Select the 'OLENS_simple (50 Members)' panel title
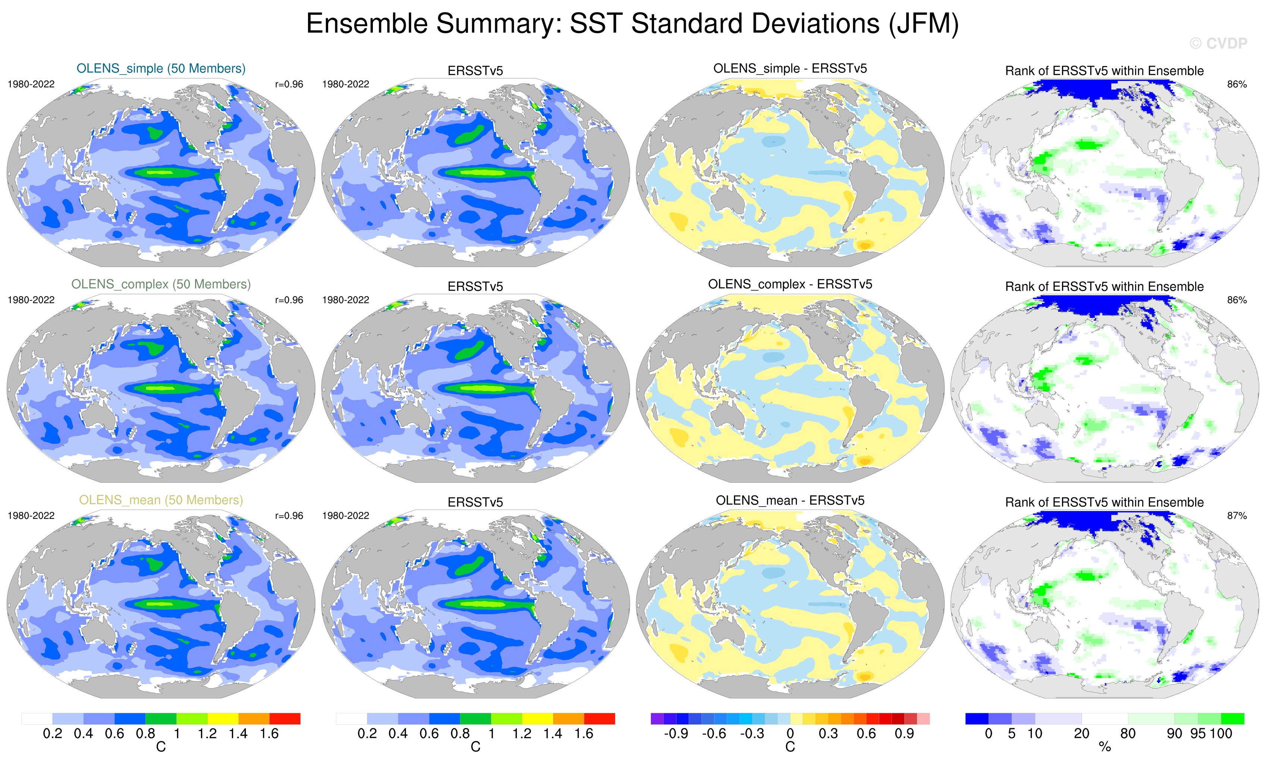[x=161, y=68]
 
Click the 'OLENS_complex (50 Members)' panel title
[x=161, y=284]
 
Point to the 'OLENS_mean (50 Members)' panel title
[x=161, y=500]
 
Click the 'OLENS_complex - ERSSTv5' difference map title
[x=790, y=284]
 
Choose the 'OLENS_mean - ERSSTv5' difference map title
[x=790, y=500]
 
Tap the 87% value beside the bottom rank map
[x=1237, y=516]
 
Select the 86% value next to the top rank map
[x=1237, y=84]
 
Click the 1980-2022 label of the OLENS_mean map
[x=31, y=516]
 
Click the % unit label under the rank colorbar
[x=1105, y=747]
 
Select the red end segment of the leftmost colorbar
[x=285, y=718]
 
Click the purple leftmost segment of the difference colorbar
[x=657, y=718]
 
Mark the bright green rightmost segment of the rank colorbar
[x=1232, y=718]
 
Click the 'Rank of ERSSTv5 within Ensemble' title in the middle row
[x=1104, y=286]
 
